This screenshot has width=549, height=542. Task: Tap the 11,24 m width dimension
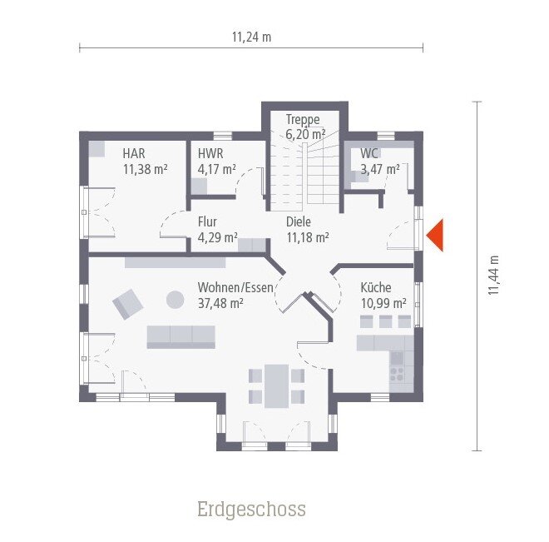point(252,37)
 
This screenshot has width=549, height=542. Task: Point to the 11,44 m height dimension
point(493,275)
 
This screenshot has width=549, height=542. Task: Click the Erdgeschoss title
point(251,509)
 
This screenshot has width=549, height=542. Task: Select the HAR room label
point(134,153)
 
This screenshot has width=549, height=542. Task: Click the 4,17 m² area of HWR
point(216,168)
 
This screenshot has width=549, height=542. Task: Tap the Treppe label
point(303,119)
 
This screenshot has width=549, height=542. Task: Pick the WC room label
point(369,153)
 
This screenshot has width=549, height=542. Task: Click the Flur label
point(207,222)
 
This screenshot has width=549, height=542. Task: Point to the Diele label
point(299,222)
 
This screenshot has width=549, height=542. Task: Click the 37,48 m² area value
point(220,303)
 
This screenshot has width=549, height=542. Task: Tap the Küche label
point(376,288)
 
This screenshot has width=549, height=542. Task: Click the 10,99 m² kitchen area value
point(383,303)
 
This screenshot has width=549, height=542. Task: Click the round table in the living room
point(176,299)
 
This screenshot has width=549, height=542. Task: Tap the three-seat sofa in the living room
point(181,336)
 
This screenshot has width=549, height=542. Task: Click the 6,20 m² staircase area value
point(305,134)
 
